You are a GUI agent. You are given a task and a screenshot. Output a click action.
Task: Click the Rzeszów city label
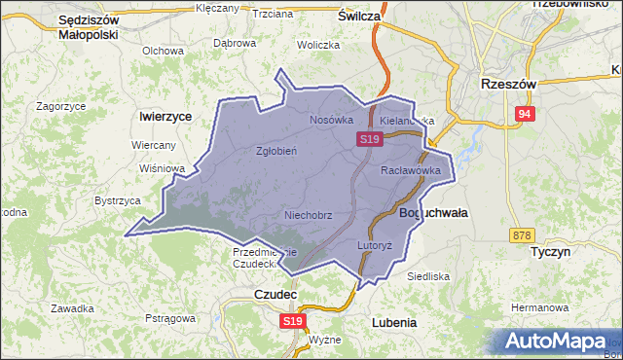[508, 85]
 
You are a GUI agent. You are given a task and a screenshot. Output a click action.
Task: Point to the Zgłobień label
[275, 151]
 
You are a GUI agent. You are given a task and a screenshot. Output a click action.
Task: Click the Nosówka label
[330, 120]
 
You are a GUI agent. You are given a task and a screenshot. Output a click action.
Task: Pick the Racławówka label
[411, 170]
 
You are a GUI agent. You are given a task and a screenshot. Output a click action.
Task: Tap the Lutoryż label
[374, 245]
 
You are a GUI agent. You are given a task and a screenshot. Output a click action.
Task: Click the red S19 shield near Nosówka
[368, 140]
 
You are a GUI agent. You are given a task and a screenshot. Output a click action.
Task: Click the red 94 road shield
[526, 115]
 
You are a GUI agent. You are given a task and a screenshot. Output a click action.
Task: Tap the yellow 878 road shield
[522, 235]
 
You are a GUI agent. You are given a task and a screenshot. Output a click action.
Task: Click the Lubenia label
[394, 322]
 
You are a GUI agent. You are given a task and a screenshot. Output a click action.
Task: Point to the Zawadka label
[73, 308]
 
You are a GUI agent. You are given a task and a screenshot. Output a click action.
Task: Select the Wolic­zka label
[318, 45]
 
